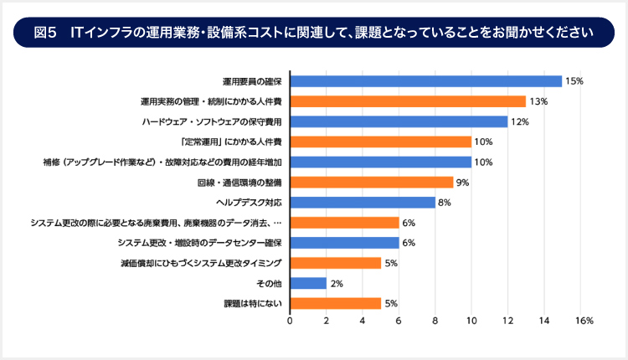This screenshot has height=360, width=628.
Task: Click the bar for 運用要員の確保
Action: [x=425, y=81]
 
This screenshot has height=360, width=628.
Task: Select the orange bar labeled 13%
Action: [x=408, y=101]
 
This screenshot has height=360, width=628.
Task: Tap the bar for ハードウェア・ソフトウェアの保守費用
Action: [x=399, y=121]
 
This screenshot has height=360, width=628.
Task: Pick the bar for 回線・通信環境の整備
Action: [x=372, y=182]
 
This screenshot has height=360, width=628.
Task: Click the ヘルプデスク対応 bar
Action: [x=363, y=202]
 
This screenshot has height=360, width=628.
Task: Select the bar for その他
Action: [x=308, y=283]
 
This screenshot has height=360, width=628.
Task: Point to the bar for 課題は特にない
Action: [x=336, y=303]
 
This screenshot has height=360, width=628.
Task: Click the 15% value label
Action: [x=574, y=81]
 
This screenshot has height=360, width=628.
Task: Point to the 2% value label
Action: [x=337, y=283]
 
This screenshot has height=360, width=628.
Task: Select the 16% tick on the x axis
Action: [x=584, y=321]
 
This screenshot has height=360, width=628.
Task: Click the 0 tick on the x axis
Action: [x=291, y=321]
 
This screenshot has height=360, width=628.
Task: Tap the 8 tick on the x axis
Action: [x=435, y=321]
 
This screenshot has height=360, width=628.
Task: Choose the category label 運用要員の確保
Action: [x=252, y=81]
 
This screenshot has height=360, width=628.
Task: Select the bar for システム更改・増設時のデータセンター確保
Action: [x=344, y=243]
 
